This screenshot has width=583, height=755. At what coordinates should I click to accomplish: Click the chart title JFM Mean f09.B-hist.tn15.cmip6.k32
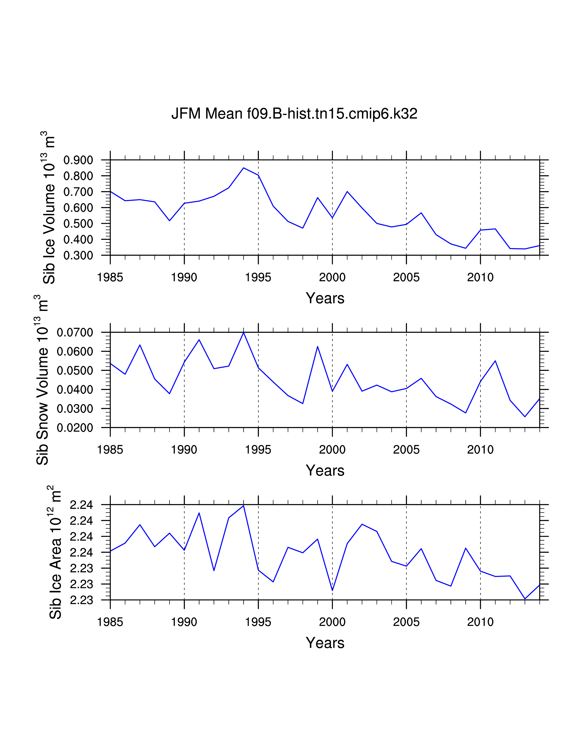[294, 113]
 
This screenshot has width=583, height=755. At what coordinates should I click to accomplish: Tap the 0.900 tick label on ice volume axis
[78, 160]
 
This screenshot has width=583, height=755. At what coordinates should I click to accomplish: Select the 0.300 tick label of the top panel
[78, 256]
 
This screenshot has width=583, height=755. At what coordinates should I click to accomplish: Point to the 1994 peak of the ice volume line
[243, 168]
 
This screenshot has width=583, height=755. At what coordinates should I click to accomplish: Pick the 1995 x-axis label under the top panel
[258, 277]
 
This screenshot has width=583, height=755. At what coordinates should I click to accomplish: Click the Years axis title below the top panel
[325, 298]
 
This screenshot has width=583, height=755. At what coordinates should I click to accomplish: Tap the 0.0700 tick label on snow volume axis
[75, 333]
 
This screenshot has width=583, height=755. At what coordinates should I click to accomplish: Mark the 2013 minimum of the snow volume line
[525, 417]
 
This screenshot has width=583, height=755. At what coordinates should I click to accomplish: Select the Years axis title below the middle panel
[325, 470]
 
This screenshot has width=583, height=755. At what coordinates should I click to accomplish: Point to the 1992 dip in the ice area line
[214, 570]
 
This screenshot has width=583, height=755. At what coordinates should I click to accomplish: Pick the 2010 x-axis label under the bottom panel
[480, 622]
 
